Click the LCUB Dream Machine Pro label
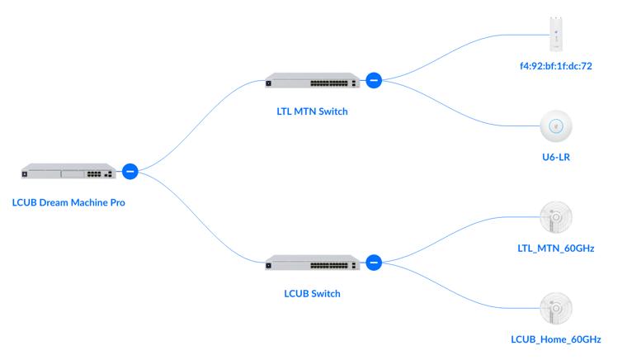pyautogui.click(x=68, y=202)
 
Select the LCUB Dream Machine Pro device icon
pyautogui.click(x=68, y=172)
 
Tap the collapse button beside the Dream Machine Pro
pyautogui.click(x=130, y=171)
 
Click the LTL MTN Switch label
pyautogui.click(x=312, y=111)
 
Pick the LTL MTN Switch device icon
pyautogui.click(x=312, y=81)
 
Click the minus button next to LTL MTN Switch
pyautogui.click(x=373, y=80)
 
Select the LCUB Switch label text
pyautogui.click(x=312, y=293)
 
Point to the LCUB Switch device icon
pyautogui.click(x=312, y=263)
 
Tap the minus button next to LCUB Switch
pyautogui.click(x=373, y=263)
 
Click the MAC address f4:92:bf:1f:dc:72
pyautogui.click(x=556, y=64)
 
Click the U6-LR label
pyautogui.click(x=556, y=157)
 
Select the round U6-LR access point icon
pyautogui.click(x=556, y=126)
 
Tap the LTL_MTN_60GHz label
pyautogui.click(x=556, y=248)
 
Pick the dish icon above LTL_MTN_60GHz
pyautogui.click(x=556, y=217)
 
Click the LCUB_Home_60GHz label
pyautogui.click(x=556, y=339)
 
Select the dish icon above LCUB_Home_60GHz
pyautogui.click(x=556, y=308)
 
